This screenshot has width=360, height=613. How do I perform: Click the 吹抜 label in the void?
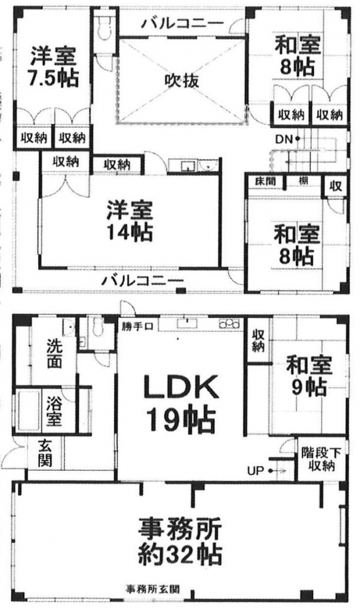pyautogui.click(x=182, y=80)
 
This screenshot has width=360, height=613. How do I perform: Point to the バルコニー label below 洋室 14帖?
pyautogui.click(x=143, y=279)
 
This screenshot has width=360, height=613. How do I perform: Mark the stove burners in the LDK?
pyautogui.click(x=229, y=324)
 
